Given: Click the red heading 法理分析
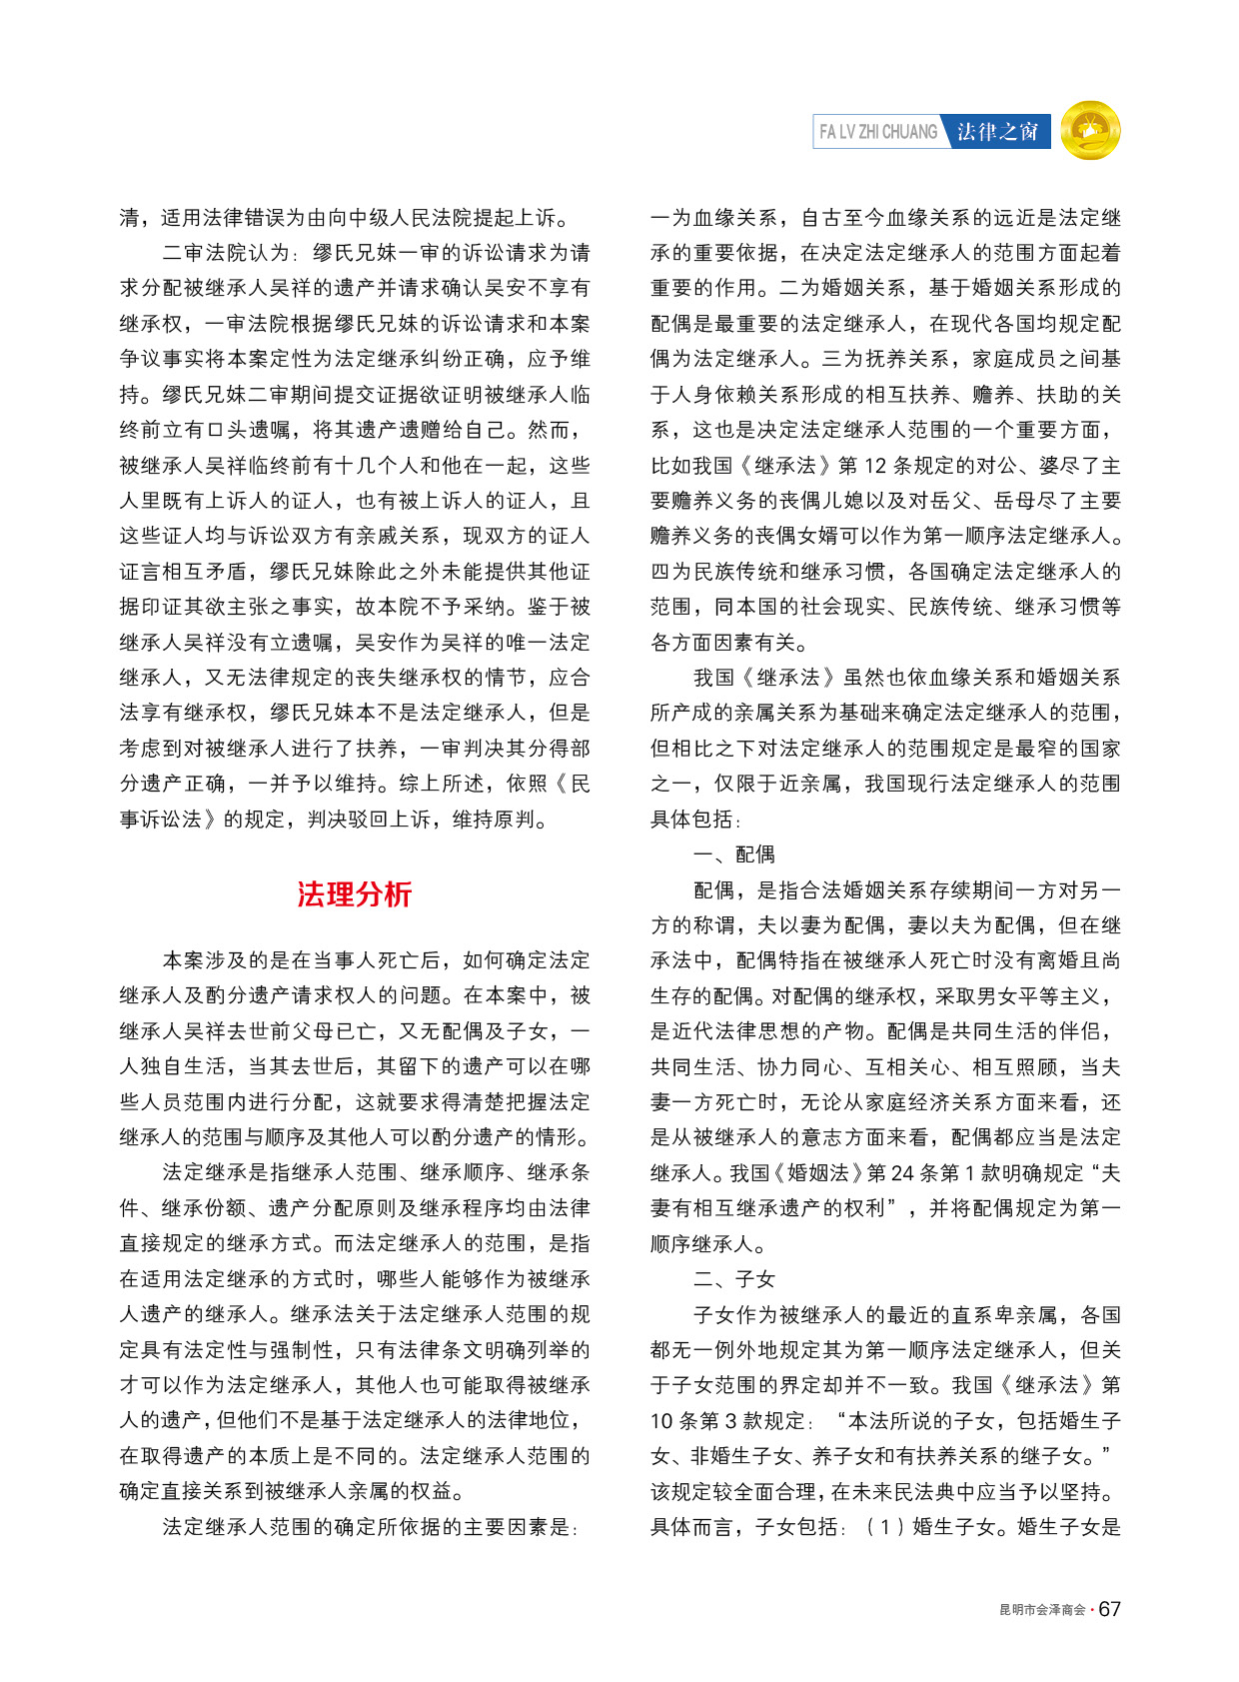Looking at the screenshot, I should click(x=354, y=893).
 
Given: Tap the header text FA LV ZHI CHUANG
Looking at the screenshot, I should click(x=877, y=131).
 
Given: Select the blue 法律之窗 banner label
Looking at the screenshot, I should click(x=997, y=131).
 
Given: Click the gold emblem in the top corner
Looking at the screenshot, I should click(x=1090, y=130).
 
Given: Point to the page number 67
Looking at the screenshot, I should click(x=1110, y=1608).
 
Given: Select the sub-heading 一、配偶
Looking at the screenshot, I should click(x=734, y=853).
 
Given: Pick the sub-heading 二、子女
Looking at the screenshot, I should click(x=734, y=1279).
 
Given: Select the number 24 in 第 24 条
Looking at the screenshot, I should click(x=903, y=1172).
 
